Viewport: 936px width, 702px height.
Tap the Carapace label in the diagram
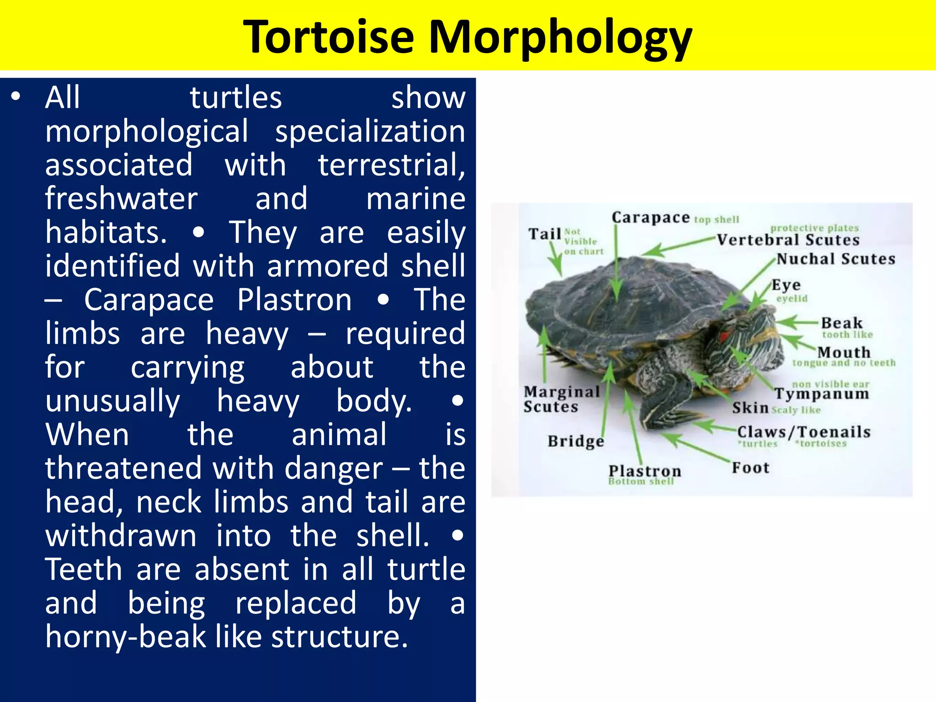[x=650, y=218]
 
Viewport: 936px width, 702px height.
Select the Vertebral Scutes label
[x=788, y=240]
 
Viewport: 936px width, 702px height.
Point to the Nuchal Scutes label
[x=835, y=259]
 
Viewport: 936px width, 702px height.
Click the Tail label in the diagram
[x=545, y=234]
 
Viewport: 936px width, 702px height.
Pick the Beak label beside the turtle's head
[x=841, y=323]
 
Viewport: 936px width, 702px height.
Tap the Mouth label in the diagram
[x=844, y=352]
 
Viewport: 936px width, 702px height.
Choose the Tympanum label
[x=821, y=394]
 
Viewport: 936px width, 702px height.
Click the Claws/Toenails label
[x=803, y=432]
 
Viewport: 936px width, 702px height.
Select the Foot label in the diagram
[x=750, y=468]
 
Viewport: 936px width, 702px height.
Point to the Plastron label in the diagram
[x=644, y=471]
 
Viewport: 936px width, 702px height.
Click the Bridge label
[x=575, y=441]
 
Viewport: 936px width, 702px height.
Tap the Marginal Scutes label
[x=561, y=399]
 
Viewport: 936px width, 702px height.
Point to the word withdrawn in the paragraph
[x=121, y=535]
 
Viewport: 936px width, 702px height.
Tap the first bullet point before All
[x=16, y=96]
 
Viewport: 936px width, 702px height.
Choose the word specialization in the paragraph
[x=370, y=131]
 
